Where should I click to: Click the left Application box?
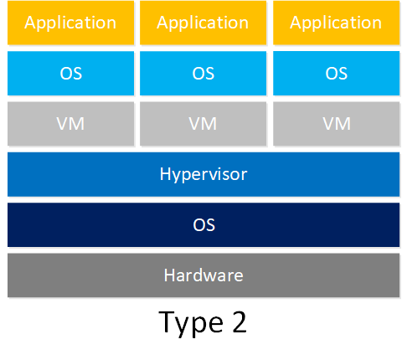(x=70, y=23)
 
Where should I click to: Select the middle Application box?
(x=203, y=23)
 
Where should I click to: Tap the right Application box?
(x=336, y=23)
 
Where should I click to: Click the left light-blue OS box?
(x=70, y=74)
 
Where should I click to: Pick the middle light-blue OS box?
(x=203, y=74)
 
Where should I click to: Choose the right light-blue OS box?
(x=336, y=74)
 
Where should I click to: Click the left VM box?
(x=70, y=124)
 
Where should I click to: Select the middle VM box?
(x=203, y=124)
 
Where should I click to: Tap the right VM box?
(x=336, y=124)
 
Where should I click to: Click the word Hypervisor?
(x=204, y=175)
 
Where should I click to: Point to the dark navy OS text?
(x=204, y=225)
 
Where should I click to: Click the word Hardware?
(x=204, y=275)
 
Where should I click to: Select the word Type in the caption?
(x=191, y=324)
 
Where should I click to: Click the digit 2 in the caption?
(x=240, y=321)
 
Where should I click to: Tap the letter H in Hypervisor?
(x=165, y=173)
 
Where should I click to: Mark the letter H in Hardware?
(x=169, y=275)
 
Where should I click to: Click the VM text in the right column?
(x=337, y=124)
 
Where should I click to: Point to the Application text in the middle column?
(x=203, y=23)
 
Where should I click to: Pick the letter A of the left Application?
(x=31, y=22)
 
